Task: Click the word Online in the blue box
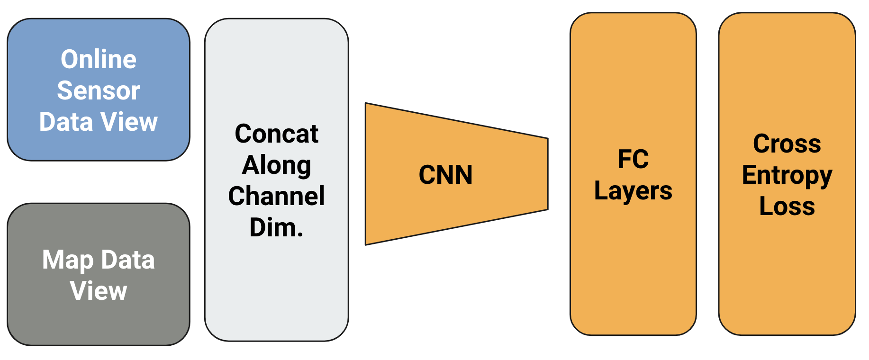point(99,60)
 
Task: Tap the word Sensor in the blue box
point(99,90)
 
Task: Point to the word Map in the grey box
point(68,260)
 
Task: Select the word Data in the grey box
point(128,260)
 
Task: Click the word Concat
point(276,134)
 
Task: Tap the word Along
point(276,165)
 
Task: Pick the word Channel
point(276,196)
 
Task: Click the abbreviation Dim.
point(276,227)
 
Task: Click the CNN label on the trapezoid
point(445,175)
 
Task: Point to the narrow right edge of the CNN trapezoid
point(548,174)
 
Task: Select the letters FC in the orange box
point(633,159)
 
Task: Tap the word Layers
point(633,191)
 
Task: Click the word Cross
point(787,144)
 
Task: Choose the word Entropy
point(787,175)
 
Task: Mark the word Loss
point(787,206)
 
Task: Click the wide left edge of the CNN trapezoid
point(366,174)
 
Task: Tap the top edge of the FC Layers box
point(633,13)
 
